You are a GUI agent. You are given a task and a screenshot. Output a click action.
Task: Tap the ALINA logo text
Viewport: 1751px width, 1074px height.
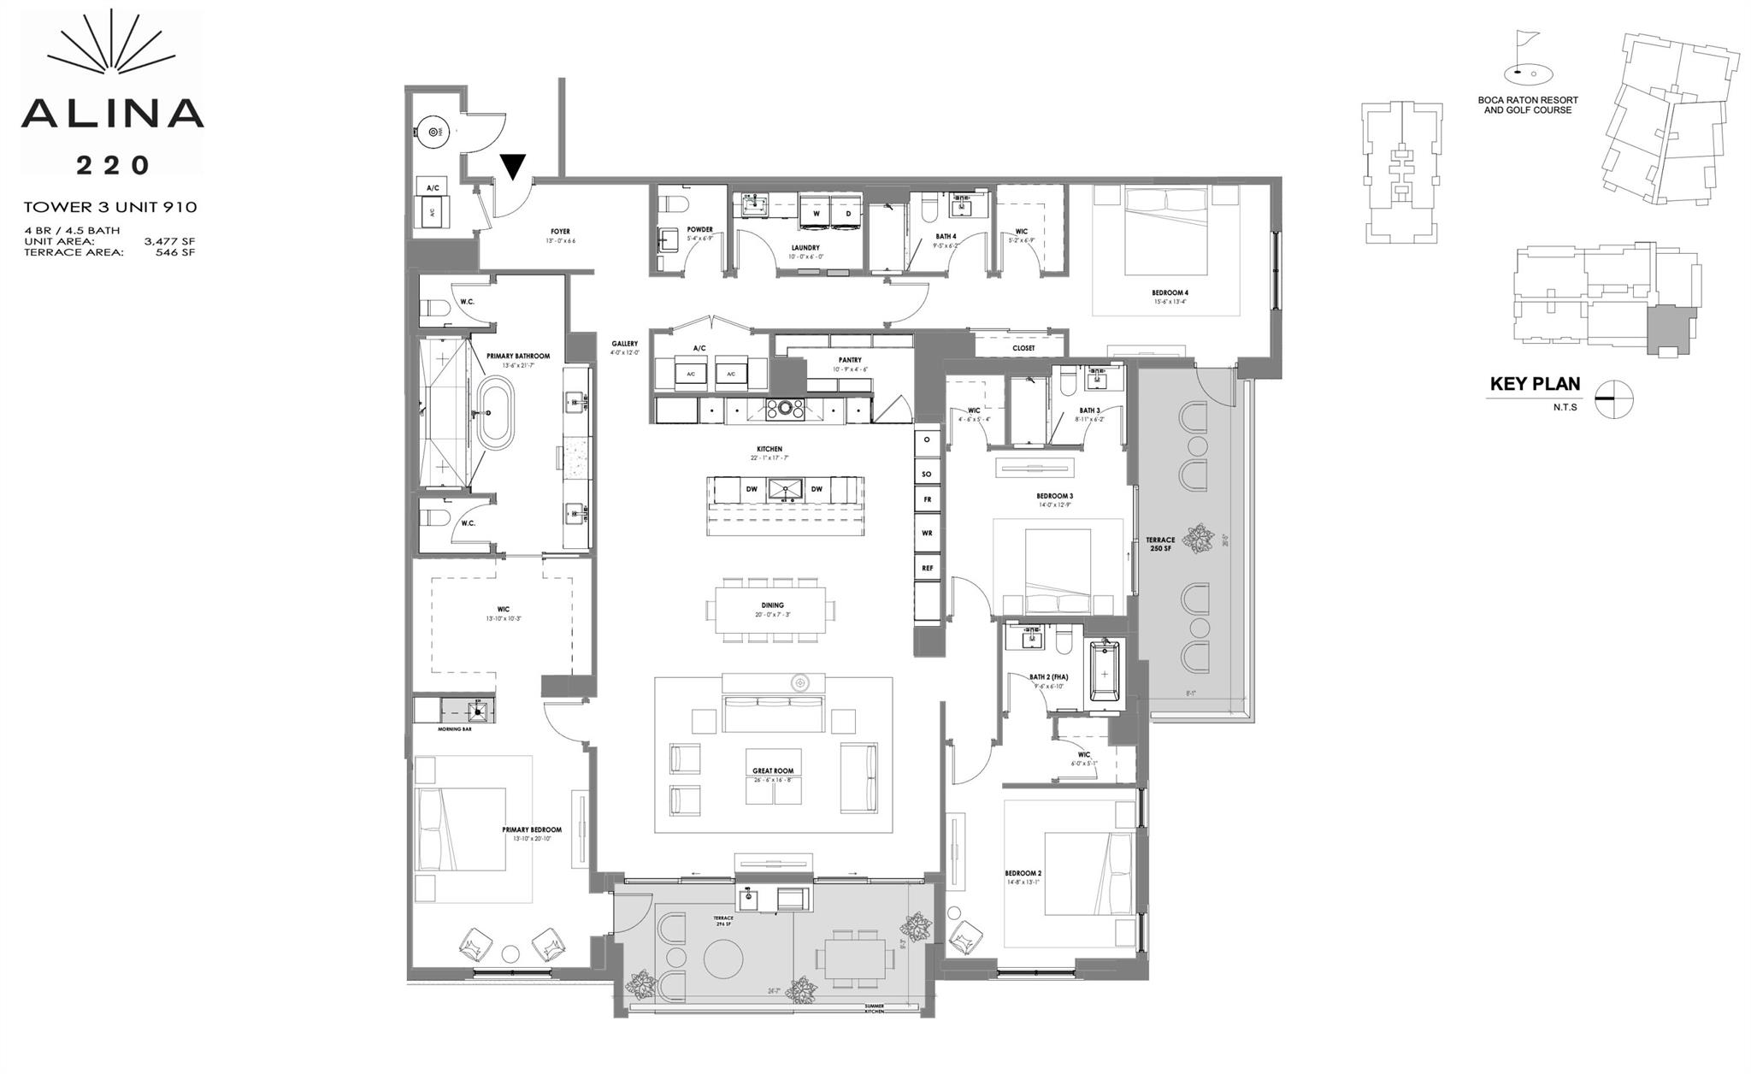coord(112,113)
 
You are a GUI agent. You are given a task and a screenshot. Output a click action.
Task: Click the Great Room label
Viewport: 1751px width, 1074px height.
coord(773,771)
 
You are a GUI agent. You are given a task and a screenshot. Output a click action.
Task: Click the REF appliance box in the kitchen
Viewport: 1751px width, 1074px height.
coord(927,568)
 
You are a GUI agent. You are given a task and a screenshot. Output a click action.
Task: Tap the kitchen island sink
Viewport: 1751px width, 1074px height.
coord(784,489)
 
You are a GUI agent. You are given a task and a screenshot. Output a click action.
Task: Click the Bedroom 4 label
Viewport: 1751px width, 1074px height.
coord(1170,293)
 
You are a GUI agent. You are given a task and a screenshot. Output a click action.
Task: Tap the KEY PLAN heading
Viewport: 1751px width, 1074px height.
coord(1535,385)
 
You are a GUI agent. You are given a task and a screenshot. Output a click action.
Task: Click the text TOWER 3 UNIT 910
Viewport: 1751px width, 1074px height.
coord(110,207)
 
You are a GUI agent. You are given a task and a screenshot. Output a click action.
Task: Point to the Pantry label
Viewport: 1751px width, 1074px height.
coord(849,360)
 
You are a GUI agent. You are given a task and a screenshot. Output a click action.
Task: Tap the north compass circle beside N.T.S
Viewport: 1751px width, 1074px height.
coord(1614,399)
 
